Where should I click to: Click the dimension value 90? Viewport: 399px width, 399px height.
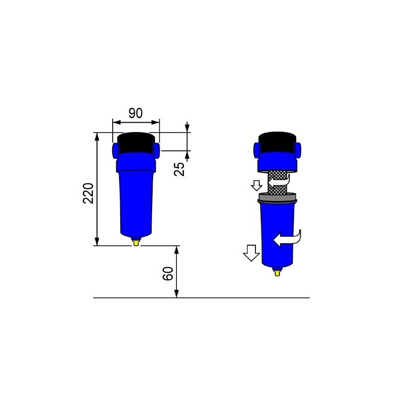click(136, 113)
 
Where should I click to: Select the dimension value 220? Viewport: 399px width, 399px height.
click(88, 193)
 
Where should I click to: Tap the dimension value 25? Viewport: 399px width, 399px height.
click(181, 169)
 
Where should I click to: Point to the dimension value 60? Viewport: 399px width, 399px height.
click(169, 273)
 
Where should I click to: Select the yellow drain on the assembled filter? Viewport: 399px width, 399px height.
click(136, 241)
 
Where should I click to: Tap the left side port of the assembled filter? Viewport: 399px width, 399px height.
click(115, 149)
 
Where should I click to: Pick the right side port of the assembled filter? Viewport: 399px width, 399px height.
click(156, 149)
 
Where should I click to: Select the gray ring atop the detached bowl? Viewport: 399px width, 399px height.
click(277, 199)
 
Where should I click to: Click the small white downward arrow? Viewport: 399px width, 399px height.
click(257, 186)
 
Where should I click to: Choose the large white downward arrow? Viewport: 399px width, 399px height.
click(251, 253)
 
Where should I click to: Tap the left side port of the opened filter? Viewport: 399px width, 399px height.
click(257, 148)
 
